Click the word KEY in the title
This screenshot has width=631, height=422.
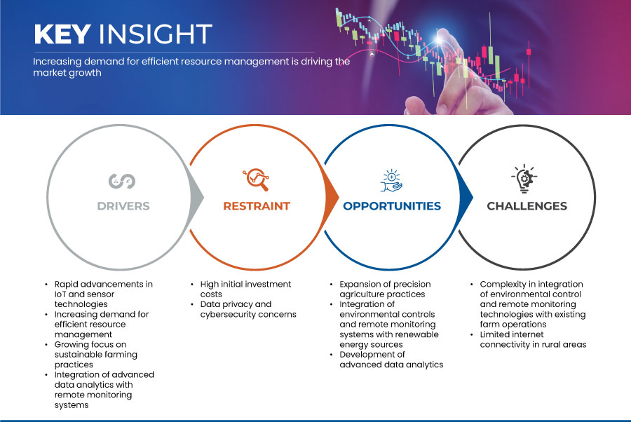(62, 34)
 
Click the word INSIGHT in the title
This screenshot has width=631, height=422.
(156, 34)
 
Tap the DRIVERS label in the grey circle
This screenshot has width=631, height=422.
(123, 206)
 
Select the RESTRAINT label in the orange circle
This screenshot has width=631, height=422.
(257, 206)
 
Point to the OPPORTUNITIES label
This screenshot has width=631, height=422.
(392, 206)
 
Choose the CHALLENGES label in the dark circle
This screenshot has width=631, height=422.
(527, 206)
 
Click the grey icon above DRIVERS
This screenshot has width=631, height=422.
(122, 181)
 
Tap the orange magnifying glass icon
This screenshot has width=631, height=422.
(256, 179)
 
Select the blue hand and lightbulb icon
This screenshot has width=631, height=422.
(391, 181)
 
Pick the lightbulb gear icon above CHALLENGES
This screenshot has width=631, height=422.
(524, 179)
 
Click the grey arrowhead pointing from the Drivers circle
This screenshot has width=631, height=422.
(196, 197)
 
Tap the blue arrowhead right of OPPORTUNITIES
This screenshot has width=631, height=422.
(466, 197)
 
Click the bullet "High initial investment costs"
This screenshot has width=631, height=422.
(245, 290)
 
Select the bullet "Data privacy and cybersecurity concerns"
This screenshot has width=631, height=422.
(248, 309)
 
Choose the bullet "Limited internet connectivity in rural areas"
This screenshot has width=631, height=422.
(533, 339)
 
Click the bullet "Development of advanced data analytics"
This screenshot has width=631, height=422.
(391, 360)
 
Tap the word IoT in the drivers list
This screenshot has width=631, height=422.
(60, 294)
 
